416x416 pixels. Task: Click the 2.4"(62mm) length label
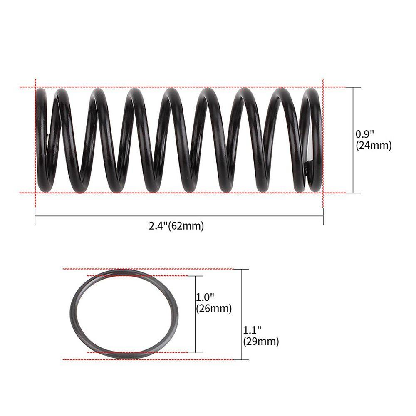tap(176, 226)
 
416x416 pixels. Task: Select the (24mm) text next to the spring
tap(374, 146)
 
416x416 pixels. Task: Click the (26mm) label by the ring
tap(213, 309)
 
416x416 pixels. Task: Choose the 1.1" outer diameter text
tap(252, 330)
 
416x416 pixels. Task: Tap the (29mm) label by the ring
tap(261, 342)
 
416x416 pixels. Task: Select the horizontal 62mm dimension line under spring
tap(179, 216)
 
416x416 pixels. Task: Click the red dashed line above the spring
tap(179, 87)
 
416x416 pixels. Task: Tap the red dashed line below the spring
tap(179, 193)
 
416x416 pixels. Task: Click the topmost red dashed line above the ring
tap(146, 269)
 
